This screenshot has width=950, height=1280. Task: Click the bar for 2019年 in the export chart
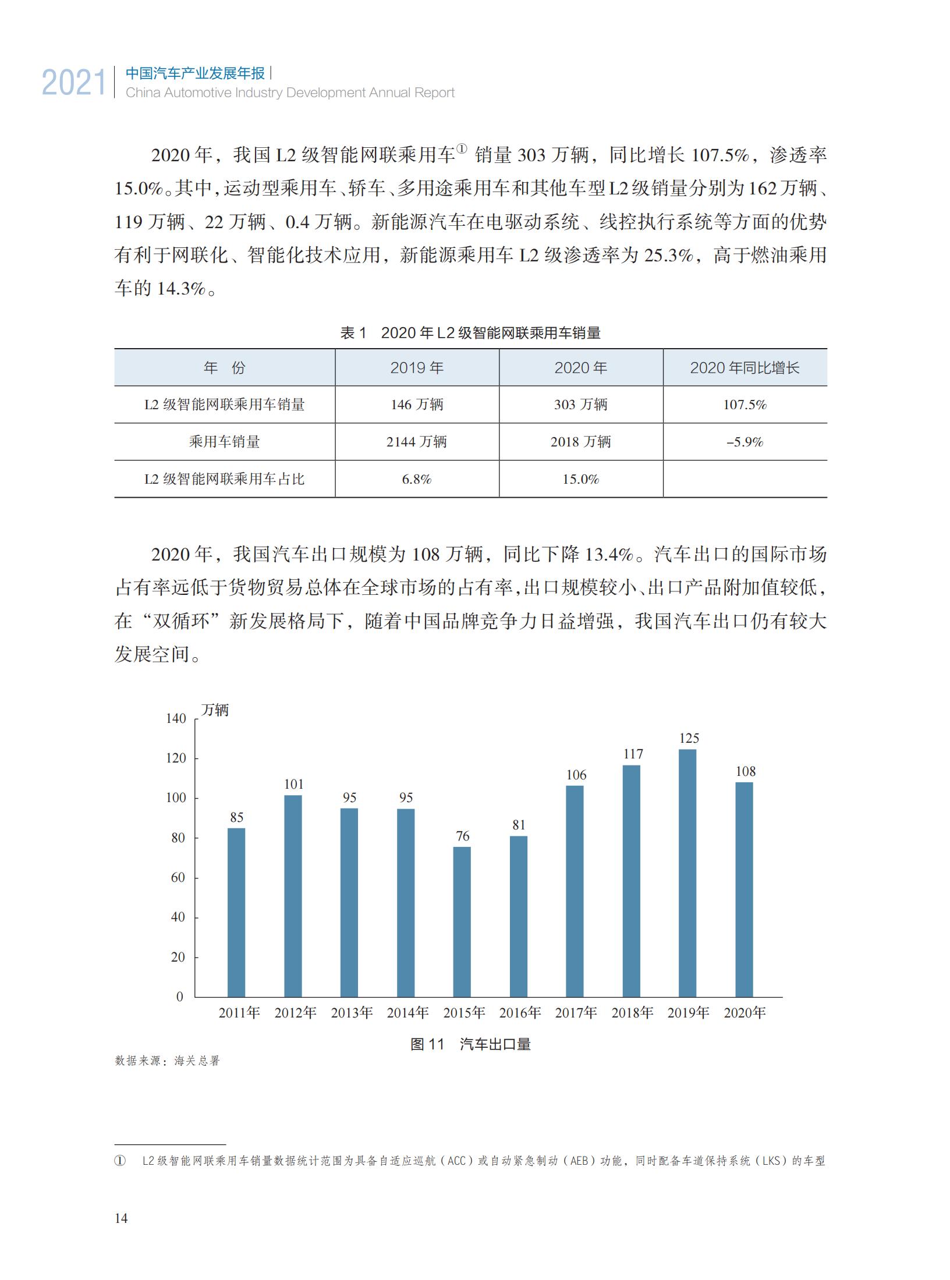[x=687, y=873]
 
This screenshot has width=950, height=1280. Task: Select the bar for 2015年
[x=462, y=922]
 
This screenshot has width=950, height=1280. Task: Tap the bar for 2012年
[x=293, y=896]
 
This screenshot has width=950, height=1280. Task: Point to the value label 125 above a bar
[x=689, y=738]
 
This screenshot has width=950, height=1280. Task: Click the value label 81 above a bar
[x=519, y=825]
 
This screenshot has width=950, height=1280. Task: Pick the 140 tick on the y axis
[x=176, y=718]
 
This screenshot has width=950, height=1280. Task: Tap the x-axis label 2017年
[x=576, y=1013]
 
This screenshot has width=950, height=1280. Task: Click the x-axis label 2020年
[x=745, y=1013]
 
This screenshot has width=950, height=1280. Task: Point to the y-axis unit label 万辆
[x=215, y=710]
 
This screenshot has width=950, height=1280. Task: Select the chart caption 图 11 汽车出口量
[x=470, y=1044]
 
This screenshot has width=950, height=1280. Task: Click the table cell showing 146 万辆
[x=417, y=405]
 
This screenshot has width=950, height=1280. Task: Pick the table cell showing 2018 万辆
[x=580, y=442]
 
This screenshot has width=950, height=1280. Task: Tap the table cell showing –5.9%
[x=745, y=442]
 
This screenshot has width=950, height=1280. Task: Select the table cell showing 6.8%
[x=417, y=479]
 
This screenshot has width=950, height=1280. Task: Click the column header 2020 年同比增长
[x=745, y=368]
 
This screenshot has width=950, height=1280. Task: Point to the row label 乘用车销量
[x=224, y=442]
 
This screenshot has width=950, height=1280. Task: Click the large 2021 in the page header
[x=74, y=83]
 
